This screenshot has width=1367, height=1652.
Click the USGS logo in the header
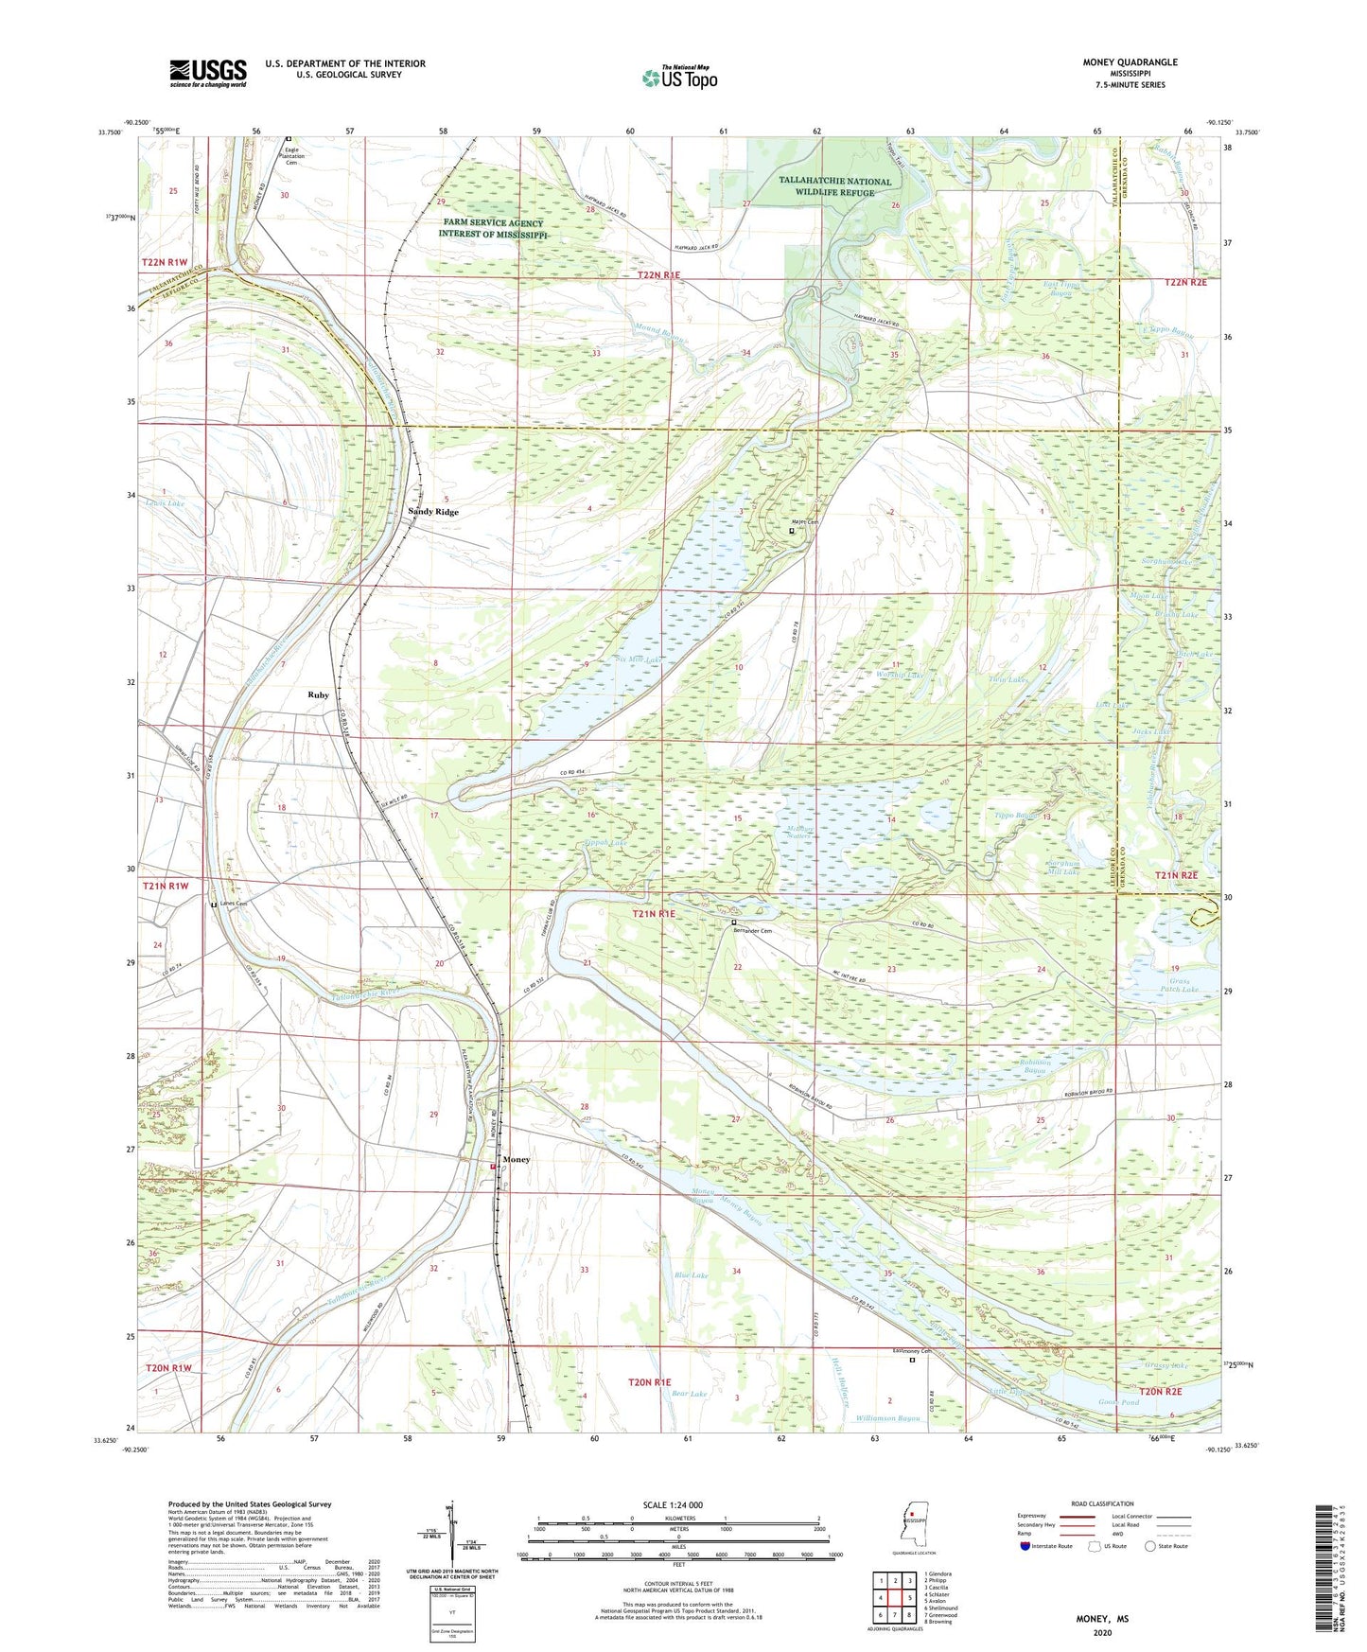click(x=208, y=73)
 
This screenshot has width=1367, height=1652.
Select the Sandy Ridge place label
click(x=433, y=512)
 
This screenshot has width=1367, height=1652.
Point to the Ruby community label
click(x=318, y=695)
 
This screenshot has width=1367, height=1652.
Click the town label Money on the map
click(x=517, y=1159)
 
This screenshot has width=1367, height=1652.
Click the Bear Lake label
click(x=689, y=1395)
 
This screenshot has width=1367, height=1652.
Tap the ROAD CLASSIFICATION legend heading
click(x=1101, y=1503)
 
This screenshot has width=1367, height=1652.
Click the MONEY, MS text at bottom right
click(x=1102, y=1619)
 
